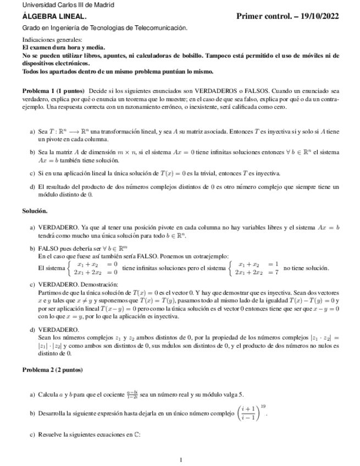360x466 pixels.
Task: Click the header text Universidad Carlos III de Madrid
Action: [60, 5]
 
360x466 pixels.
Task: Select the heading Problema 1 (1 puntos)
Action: [53, 90]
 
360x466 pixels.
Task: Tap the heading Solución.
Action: [35, 210]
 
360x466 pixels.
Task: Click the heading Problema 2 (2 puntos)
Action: [52, 370]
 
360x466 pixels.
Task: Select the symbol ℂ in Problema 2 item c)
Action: [137, 435]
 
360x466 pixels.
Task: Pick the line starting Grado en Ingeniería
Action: [104, 27]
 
